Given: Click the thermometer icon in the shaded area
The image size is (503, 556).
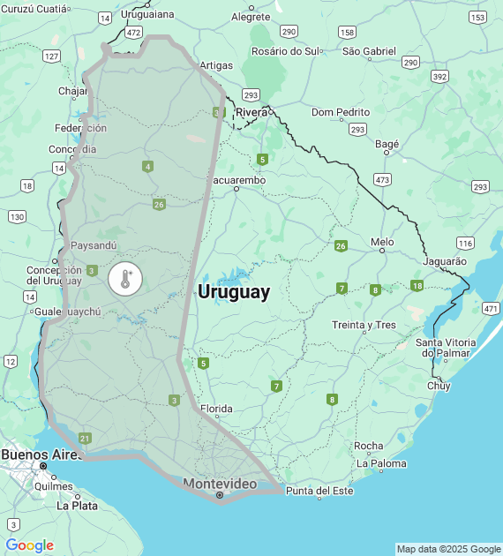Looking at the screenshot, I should click(x=124, y=280).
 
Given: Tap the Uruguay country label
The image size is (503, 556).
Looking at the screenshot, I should click(x=234, y=292).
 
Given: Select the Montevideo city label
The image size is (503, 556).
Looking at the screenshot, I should click(x=220, y=484).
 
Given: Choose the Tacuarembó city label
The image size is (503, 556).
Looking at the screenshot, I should click(x=235, y=180).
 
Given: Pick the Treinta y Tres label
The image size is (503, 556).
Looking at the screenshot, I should click(x=364, y=325).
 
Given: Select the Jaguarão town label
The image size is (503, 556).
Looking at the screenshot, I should click(x=446, y=261).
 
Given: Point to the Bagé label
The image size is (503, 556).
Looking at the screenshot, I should click(x=387, y=143).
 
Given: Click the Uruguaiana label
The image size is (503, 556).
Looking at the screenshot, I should click(x=147, y=14).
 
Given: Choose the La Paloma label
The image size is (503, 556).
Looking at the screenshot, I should click(x=381, y=463).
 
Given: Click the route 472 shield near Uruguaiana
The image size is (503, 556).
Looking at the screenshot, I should click(x=133, y=32).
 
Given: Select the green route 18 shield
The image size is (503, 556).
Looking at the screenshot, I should click(x=417, y=285).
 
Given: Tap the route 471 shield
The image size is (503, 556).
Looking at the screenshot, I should click(x=491, y=308).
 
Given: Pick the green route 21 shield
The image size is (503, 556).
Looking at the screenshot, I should click(x=85, y=438).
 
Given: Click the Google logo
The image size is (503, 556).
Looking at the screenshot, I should click(x=30, y=545).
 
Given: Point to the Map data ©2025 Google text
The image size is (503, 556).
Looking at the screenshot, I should click(x=447, y=549).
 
